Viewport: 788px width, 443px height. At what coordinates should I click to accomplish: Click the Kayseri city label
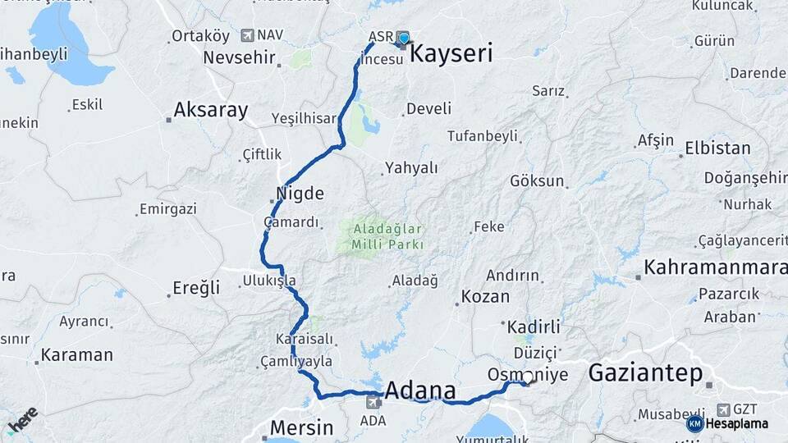tap(451, 54)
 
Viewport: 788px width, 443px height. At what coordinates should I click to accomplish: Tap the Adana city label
tap(420, 388)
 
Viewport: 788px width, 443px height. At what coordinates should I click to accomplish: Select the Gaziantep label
tap(645, 374)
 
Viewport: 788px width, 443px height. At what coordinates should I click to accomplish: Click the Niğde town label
tap(301, 194)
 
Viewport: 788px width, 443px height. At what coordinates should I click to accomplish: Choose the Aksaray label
tap(211, 111)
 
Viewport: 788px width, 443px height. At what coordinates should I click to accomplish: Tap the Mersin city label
tap(302, 427)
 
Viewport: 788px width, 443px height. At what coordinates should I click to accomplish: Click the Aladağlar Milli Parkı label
tap(387, 237)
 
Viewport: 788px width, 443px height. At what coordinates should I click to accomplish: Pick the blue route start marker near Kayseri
tap(403, 38)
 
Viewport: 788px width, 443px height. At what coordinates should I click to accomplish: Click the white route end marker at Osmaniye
tap(529, 379)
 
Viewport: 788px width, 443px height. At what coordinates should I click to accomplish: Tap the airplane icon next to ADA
tap(373, 401)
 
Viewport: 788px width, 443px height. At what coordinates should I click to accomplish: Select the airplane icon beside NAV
tap(247, 35)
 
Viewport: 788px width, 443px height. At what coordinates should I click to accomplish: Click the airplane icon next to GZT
tap(723, 409)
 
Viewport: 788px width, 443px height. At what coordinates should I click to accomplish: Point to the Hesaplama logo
tap(727, 424)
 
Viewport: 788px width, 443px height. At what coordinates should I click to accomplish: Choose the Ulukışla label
tap(269, 281)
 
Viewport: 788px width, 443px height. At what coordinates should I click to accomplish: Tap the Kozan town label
tap(485, 297)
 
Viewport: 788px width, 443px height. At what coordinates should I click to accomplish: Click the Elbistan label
tap(718, 148)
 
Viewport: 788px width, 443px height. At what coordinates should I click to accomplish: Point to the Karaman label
tap(76, 355)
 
